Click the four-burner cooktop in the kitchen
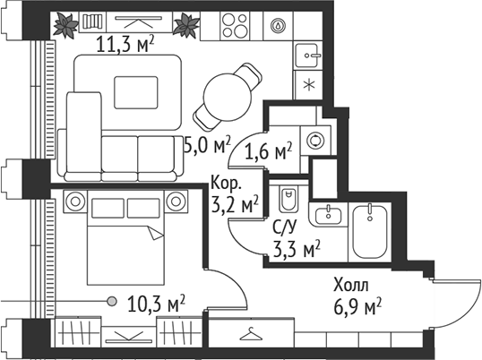pyautogui.click(x=239, y=25)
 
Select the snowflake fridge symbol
pyautogui.click(x=307, y=87)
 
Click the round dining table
pyautogui.click(x=228, y=91)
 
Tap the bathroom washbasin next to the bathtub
pyautogui.click(x=328, y=214)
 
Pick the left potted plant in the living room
pyautogui.click(x=65, y=25)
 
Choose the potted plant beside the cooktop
pyautogui.click(x=186, y=26)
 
